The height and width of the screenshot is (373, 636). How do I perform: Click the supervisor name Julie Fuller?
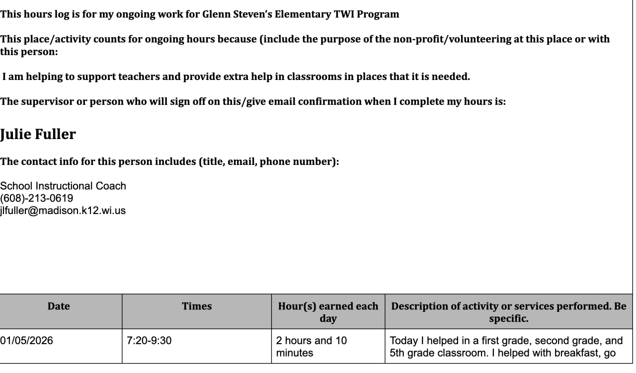click(38, 135)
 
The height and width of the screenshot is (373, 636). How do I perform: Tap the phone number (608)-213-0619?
click(37, 198)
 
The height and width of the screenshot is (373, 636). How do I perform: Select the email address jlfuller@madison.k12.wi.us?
click(63, 211)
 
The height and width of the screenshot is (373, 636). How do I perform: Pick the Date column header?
click(59, 307)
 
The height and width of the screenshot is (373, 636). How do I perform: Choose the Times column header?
click(196, 307)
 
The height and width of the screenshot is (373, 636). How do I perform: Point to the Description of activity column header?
click(509, 312)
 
